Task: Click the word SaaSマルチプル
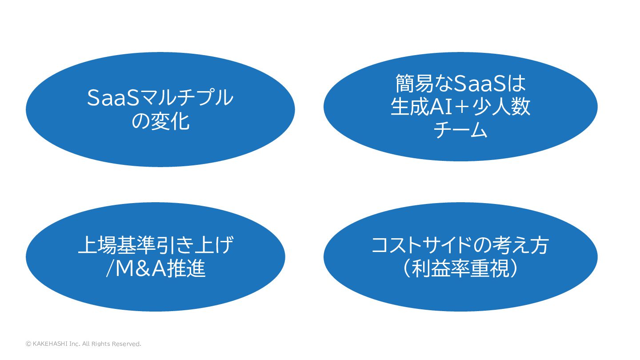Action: [x=160, y=98]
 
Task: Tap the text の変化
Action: [x=160, y=121]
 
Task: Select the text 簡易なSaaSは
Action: [x=460, y=83]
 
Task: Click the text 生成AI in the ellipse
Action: [x=417, y=107]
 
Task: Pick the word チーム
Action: [x=460, y=130]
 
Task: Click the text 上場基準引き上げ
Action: [x=156, y=245]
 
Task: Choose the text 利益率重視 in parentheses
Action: [x=460, y=268]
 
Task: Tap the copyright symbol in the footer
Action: [x=28, y=344]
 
